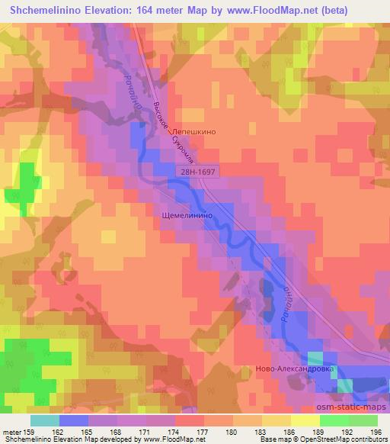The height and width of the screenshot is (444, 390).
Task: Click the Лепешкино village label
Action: [194, 131]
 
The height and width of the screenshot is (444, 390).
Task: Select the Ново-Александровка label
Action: [328, 368]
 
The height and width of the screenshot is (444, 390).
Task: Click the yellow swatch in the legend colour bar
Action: [305, 420]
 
